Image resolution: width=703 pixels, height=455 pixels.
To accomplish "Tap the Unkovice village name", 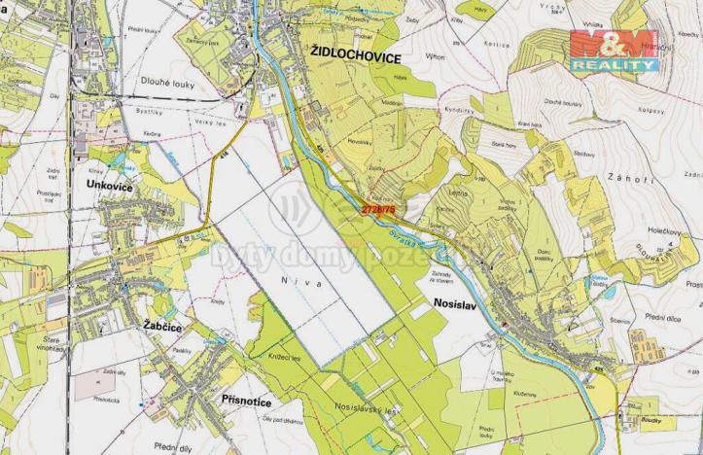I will pos(118,184).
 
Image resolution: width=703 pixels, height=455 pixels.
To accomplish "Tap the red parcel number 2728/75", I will pos(378,208).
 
